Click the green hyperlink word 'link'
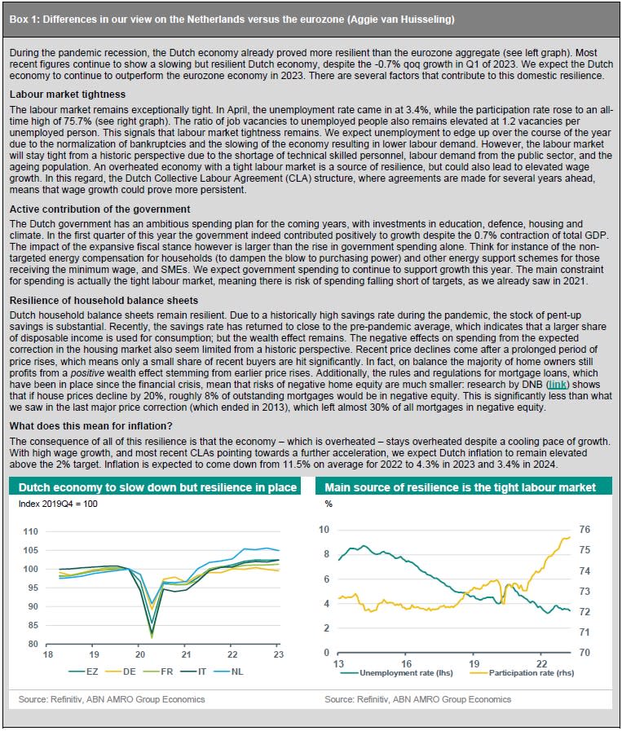click(x=558, y=385)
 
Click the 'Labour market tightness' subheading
click(x=68, y=95)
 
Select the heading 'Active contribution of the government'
click(x=99, y=209)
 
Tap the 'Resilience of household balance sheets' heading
click(x=104, y=301)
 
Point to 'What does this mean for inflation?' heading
click(x=91, y=426)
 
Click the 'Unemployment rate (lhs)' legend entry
click(x=397, y=672)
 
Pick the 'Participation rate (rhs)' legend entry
click(x=522, y=672)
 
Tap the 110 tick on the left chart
click(x=31, y=531)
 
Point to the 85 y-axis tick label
click(x=33, y=625)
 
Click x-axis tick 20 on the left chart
click(x=140, y=654)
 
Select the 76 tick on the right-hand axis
click(x=585, y=530)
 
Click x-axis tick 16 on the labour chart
click(x=406, y=663)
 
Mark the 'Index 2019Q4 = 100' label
click(x=58, y=504)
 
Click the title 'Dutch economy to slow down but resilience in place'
click(x=157, y=487)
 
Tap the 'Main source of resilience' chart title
click(x=461, y=487)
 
